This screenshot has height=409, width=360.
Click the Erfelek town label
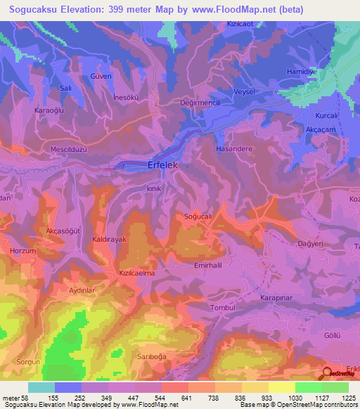click(x=164, y=164)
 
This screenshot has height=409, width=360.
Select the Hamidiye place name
click(x=302, y=72)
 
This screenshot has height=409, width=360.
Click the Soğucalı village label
click(x=198, y=216)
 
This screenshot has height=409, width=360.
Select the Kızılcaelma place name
click(x=136, y=272)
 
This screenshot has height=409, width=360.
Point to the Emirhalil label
click(x=208, y=266)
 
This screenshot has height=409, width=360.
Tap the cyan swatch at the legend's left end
click(x=41, y=387)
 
